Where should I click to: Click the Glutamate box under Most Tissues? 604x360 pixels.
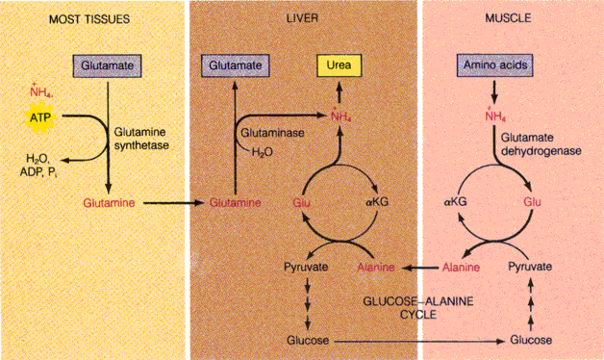click(x=109, y=66)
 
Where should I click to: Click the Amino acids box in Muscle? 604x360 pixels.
click(x=494, y=66)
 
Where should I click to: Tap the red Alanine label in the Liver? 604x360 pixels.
click(x=376, y=267)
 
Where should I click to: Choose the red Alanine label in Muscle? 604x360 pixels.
click(x=461, y=267)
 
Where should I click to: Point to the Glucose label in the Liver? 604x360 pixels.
click(x=306, y=341)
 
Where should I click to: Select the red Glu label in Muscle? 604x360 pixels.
click(x=532, y=203)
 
